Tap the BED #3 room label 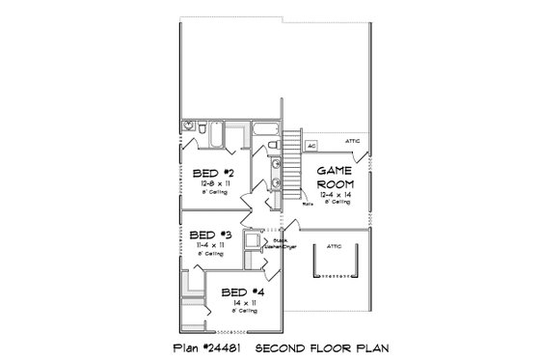pos(205,235)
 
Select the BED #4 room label pos(237,292)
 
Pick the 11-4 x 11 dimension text pos(205,245)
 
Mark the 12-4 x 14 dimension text pos(337,194)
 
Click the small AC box pos(311,146)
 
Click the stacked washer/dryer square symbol pos(254,241)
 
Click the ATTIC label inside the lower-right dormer pos(334,245)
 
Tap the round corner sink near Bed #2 pos(188,126)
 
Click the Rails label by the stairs pos(308,205)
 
